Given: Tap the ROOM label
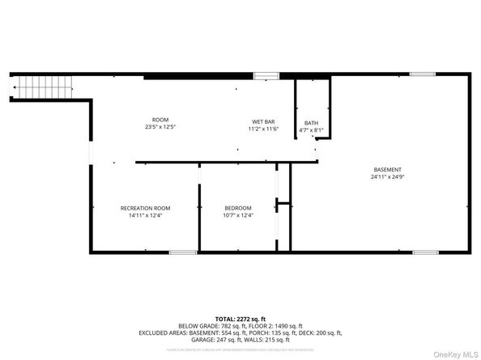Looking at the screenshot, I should (160, 120).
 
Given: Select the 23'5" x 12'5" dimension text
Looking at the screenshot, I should (160, 127).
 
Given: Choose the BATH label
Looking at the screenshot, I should (312, 123).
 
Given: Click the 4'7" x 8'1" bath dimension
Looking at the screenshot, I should (312, 129).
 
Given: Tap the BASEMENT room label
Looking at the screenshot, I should (386, 169).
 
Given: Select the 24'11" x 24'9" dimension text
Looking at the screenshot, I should (386, 176).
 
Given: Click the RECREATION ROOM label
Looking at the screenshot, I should (146, 208).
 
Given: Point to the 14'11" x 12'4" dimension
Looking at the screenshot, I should (146, 215).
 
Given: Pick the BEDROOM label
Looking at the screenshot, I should (237, 208).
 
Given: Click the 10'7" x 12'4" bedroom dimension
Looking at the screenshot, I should (237, 215).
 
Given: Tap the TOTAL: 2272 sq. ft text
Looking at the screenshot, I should (240, 318).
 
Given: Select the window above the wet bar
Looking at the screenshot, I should (266, 75).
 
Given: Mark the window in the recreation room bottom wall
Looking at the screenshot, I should (183, 252).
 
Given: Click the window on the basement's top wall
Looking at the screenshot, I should (422, 74).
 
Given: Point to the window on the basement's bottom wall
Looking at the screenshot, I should (425, 252).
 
